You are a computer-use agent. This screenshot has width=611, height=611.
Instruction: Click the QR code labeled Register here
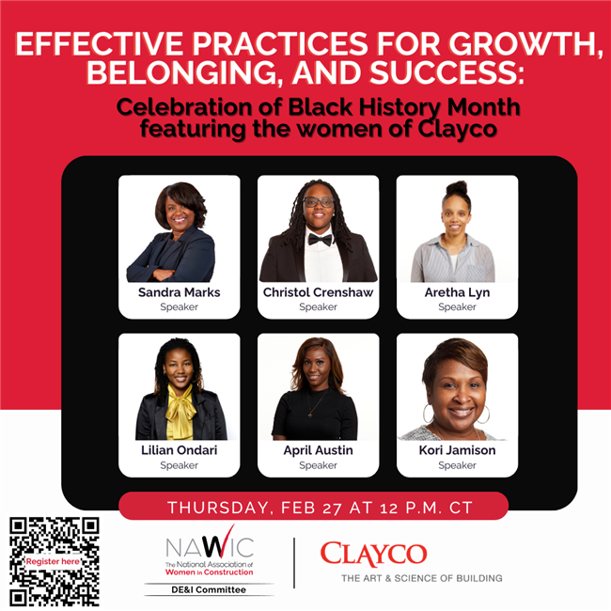pos(55,561)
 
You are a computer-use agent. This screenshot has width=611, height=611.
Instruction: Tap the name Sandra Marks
pos(180,292)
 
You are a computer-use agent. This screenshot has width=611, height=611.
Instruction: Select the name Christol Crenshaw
pos(318,292)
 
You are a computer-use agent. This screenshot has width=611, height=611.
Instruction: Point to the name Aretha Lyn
pos(457,292)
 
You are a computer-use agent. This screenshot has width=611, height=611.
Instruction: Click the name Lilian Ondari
pos(180,450)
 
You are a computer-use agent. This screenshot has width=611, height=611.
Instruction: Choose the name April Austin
pos(318,450)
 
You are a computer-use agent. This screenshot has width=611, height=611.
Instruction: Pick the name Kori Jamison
pos(457,450)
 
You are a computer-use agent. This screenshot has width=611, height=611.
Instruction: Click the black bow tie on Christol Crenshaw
pos(320,240)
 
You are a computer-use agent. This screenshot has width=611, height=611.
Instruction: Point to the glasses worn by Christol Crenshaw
pos(319,202)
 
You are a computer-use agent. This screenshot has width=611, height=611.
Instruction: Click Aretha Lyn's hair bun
pos(457,189)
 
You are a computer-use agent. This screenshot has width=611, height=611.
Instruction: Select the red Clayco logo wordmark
pos(373,554)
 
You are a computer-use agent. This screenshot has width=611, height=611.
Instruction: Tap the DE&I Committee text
pos(209,590)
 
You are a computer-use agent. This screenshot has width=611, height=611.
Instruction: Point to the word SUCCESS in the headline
pos(446,72)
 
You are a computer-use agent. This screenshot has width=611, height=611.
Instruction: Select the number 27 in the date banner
pos(333,509)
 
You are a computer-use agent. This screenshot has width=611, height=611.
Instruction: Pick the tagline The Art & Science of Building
pos(422,578)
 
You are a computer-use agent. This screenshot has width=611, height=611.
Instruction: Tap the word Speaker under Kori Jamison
pos(457,465)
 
